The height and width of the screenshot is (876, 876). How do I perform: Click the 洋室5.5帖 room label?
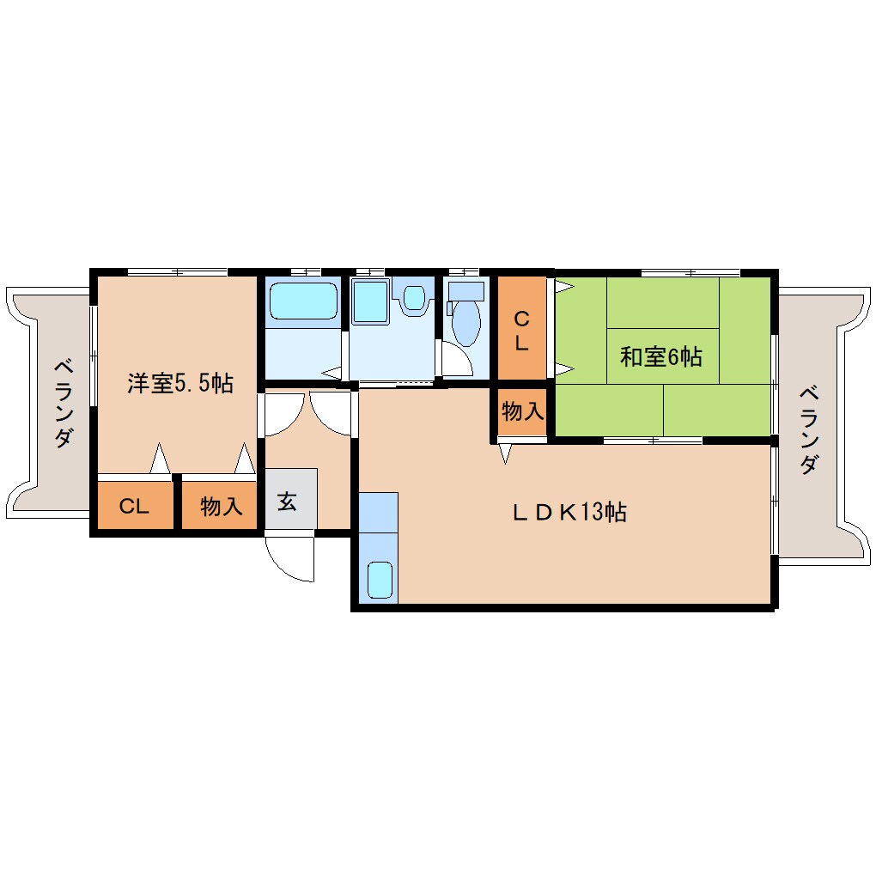pos(179,383)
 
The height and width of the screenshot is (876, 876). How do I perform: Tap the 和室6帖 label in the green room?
pos(661,356)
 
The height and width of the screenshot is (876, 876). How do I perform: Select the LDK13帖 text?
pos(570,512)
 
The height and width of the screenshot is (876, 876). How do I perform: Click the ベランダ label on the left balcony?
pos(64,404)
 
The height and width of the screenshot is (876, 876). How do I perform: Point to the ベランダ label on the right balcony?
pos(809,430)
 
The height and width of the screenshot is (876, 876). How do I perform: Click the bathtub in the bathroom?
pos(303,300)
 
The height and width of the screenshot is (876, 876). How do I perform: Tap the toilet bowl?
pos(466,323)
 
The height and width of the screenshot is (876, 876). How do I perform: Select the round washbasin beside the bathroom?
pos(414,297)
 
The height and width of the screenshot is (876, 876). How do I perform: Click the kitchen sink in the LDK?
pos(380,580)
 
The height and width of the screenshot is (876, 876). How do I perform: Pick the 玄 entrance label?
pos(287,502)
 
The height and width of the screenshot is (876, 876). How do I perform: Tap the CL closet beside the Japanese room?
pos(522,329)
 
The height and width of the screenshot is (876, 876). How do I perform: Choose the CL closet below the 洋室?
pos(135,505)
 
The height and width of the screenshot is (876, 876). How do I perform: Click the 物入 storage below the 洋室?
pos(220,505)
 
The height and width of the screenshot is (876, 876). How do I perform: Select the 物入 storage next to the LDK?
pos(522,411)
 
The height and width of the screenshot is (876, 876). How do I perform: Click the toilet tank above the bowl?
pos(466,291)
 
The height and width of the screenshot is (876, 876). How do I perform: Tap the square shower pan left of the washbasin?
pos(370,301)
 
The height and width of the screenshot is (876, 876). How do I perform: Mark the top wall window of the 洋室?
pos(177,272)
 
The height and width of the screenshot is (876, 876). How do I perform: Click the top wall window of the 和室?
pos(690,272)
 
